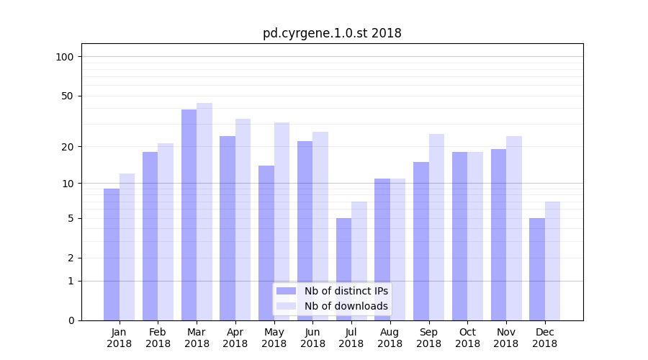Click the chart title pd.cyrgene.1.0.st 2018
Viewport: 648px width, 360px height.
[331, 33]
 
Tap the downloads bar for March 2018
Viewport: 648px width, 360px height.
[204, 212]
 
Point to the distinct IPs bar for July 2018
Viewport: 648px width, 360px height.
[343, 269]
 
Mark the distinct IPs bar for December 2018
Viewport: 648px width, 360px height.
[537, 269]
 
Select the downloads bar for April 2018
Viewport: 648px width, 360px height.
[243, 220]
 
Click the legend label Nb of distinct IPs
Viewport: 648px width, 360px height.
[346, 291]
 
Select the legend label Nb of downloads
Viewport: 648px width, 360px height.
[346, 306]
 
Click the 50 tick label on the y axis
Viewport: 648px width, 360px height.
[68, 96]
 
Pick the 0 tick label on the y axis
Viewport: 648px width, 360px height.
[71, 320]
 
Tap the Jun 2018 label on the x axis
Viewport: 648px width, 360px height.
[312, 338]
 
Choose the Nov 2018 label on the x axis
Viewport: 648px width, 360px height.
[506, 338]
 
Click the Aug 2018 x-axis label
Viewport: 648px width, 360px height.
[390, 338]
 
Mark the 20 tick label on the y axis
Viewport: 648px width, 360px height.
[68, 147]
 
